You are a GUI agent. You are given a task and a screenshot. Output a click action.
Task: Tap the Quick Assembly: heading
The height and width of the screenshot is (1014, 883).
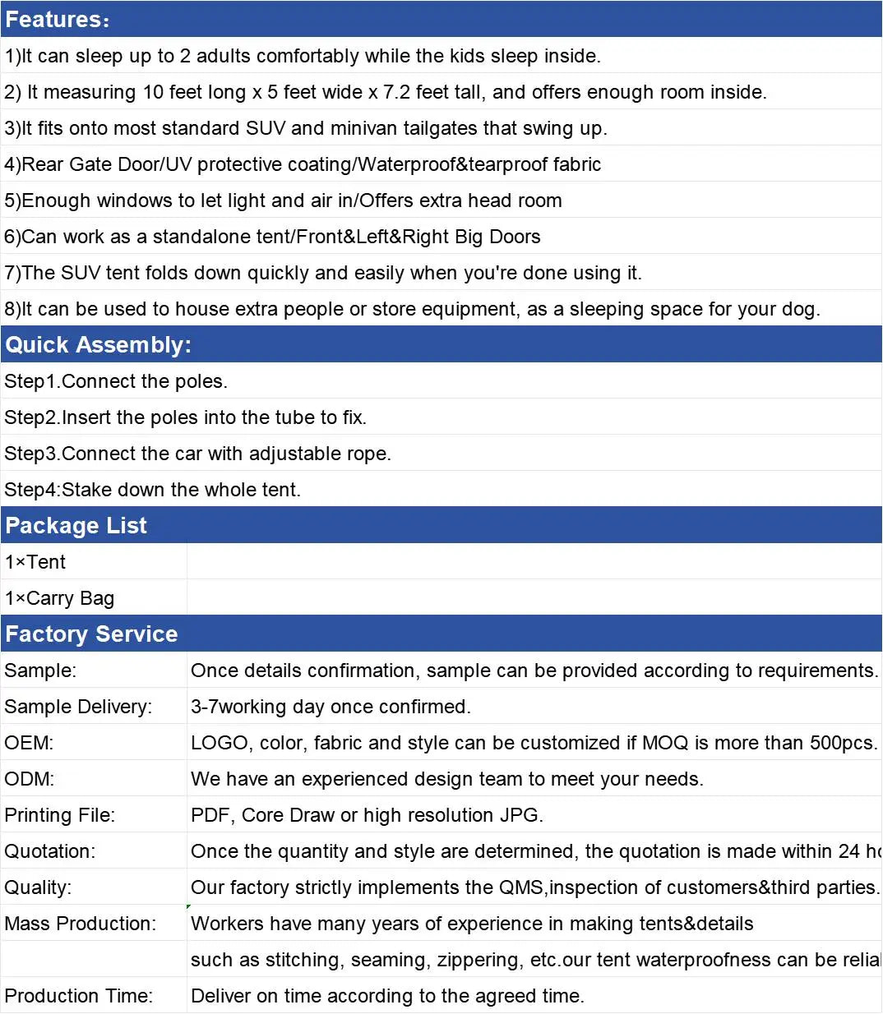pyautogui.click(x=98, y=345)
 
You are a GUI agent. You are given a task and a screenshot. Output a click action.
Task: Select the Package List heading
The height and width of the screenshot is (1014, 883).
pyautogui.click(x=76, y=526)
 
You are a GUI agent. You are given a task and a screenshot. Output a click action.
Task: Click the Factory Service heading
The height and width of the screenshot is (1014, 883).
pyautogui.click(x=91, y=634)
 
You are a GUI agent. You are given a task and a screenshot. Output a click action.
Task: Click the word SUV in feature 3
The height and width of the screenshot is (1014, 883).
pyautogui.click(x=265, y=128)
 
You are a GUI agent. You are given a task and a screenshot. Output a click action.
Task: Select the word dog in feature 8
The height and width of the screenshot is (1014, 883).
pyautogui.click(x=802, y=309)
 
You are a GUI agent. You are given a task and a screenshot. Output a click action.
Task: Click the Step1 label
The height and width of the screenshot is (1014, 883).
pyautogui.click(x=30, y=381)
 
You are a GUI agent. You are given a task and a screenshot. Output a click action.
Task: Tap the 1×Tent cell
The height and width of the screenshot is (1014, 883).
pyautogui.click(x=35, y=562)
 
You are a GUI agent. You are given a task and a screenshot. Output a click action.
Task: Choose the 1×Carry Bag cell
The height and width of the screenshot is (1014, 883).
pyautogui.click(x=59, y=598)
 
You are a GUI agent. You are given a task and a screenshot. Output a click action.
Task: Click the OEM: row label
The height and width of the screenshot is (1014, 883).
pyautogui.click(x=29, y=743)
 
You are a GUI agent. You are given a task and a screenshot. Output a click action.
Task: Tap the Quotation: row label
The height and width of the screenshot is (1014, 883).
pyautogui.click(x=50, y=851)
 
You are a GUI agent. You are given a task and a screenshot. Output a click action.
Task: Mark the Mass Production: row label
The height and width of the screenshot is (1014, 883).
pyautogui.click(x=80, y=924)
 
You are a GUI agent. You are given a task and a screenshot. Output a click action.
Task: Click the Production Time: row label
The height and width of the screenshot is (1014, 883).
pyautogui.click(x=78, y=996)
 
